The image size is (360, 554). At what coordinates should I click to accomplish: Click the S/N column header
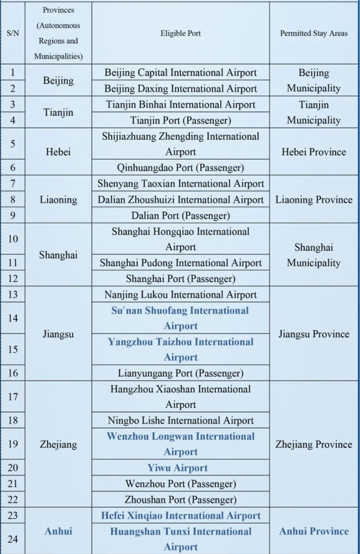12,33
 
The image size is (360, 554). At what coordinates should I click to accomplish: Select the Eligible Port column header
180,33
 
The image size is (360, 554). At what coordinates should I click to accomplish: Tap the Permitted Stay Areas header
314,33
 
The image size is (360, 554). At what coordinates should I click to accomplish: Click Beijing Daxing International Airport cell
180,88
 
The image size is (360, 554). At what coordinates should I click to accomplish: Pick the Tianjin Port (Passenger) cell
180,120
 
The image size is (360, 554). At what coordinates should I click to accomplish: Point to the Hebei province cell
58,152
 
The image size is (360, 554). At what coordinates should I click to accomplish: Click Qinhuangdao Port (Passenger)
180,168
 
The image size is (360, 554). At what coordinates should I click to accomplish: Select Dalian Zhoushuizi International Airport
180,200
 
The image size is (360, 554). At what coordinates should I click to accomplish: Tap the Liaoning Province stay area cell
314,200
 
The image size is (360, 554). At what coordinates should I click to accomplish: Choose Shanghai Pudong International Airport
180,263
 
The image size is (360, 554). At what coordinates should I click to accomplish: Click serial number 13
13,294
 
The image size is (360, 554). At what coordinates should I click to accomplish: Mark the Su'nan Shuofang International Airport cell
180,318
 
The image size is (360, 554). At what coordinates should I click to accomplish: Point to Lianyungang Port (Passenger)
180,373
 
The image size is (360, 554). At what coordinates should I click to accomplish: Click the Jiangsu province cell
58,334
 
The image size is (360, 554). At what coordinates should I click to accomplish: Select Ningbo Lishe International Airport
180,420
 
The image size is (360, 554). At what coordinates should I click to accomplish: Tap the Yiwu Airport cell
180,468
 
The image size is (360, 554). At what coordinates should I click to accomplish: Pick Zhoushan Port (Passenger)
180,499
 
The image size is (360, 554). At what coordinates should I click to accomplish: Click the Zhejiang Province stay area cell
314,444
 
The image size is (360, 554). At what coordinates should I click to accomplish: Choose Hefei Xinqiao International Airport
180,516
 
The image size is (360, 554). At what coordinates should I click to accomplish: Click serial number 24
13,539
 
